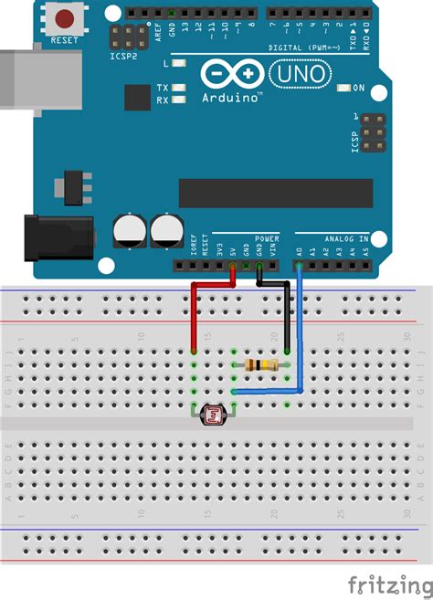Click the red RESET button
(65, 17)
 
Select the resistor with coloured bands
(260, 365)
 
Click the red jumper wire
(195, 311)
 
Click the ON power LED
(343, 89)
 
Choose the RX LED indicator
(179, 100)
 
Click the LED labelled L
(179, 64)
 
